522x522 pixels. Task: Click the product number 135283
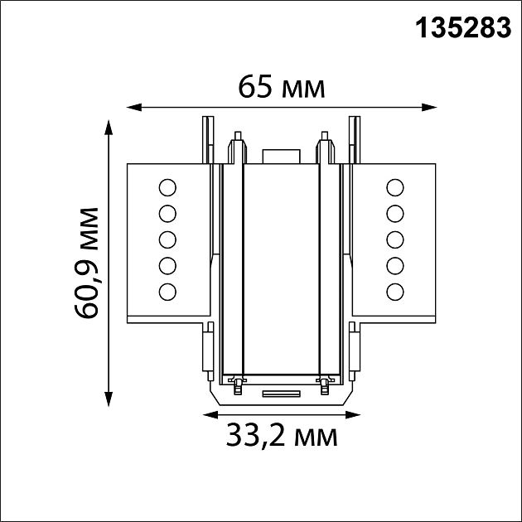point(463,28)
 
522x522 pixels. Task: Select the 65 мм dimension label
point(282,88)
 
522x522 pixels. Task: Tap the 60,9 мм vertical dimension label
point(86,263)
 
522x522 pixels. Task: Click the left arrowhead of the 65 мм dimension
point(134,107)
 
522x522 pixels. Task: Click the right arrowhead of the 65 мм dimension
point(429,107)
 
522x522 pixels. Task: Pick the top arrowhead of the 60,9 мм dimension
point(109,128)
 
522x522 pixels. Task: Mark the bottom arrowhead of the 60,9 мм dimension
point(109,399)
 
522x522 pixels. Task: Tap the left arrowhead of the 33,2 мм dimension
point(210,415)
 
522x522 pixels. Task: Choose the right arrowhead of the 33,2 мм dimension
point(353,415)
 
